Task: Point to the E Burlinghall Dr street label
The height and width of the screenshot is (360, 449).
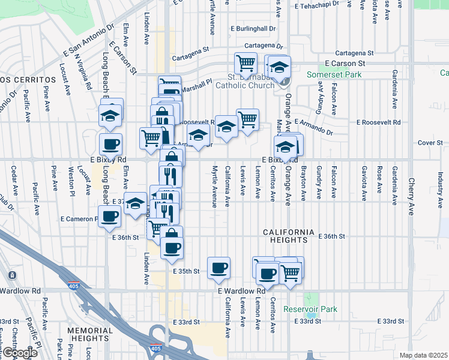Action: click(x=253, y=28)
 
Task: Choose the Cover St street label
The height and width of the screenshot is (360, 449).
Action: click(x=430, y=143)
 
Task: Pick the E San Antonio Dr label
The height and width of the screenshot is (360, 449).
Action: click(x=88, y=43)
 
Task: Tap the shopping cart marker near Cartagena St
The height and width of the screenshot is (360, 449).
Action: click(x=246, y=62)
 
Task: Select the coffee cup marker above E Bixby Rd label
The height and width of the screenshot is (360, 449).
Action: click(x=110, y=145)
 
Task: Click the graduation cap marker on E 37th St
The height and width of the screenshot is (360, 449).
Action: click(x=136, y=203)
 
